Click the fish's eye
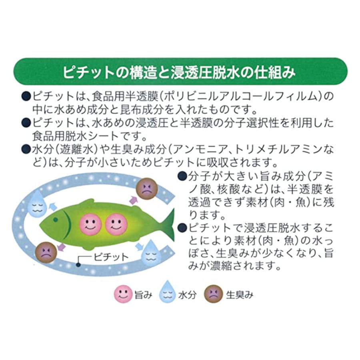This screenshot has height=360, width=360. tap(55, 220)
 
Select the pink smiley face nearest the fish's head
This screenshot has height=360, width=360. tap(90, 224)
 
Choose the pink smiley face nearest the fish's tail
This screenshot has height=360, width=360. tap(116, 224)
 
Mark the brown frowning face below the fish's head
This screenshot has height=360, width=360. tap(46, 252)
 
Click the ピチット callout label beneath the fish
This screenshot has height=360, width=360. tap(111, 257)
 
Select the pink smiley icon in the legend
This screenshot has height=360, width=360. tap(123, 294)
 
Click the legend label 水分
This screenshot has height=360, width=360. tap(187, 295)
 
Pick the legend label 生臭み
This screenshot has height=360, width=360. tap(240, 295)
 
